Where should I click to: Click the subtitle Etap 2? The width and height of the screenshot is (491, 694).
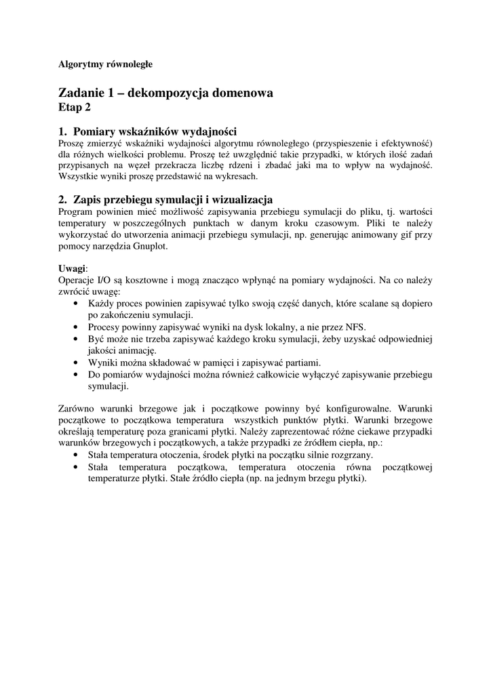75,107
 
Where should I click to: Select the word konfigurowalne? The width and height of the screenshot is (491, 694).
357,409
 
